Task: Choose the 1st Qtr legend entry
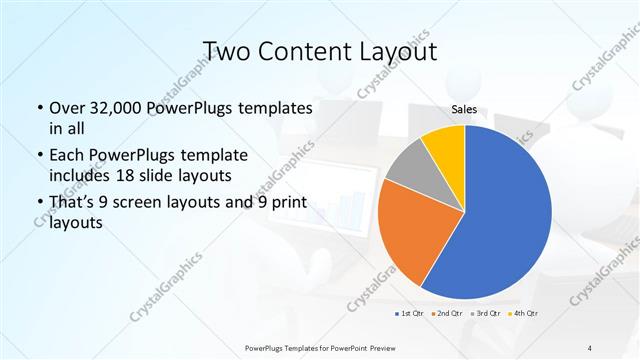point(410,315)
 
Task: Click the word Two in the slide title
point(229,50)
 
